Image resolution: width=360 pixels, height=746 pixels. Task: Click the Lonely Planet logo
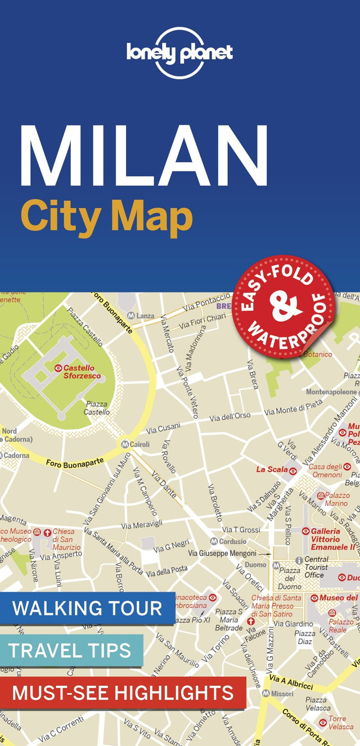pyautogui.click(x=179, y=53)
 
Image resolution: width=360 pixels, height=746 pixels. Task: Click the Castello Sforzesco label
pyautogui.click(x=82, y=371)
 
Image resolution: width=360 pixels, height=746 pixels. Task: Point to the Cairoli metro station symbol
pyautogui.click(x=124, y=444)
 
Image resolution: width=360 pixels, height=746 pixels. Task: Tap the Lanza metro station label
pyautogui.click(x=145, y=316)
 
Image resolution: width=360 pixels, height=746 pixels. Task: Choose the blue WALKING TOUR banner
pyautogui.click(x=87, y=608)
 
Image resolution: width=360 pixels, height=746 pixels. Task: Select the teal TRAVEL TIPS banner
pyautogui.click(x=70, y=650)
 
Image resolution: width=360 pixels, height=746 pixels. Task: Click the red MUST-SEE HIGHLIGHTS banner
pyautogui.click(x=123, y=693)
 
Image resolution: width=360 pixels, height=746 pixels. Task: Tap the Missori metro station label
pyautogui.click(x=282, y=694)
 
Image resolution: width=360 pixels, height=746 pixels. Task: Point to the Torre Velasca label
pyautogui.click(x=341, y=723)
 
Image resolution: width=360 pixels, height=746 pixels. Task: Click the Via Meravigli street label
pyautogui.click(x=142, y=524)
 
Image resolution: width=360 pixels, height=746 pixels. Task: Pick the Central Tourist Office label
pyautogui.click(x=316, y=567)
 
